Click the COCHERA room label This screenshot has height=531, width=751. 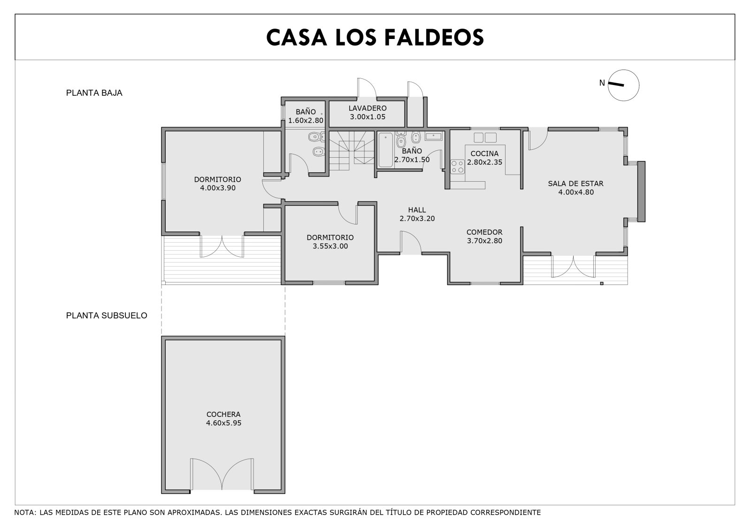[223, 414]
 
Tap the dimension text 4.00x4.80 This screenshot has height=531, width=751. [575, 192]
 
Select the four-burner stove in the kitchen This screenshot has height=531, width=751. [457, 167]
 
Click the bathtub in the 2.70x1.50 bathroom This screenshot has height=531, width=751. [385, 150]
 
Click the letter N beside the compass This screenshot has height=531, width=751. [602, 83]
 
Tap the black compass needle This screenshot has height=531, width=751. [616, 84]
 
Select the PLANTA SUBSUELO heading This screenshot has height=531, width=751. [107, 316]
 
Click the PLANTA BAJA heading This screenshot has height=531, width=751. [94, 93]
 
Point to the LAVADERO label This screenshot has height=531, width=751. [368, 108]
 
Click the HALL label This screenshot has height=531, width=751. [417, 210]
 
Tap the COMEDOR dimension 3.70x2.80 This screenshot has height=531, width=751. [484, 240]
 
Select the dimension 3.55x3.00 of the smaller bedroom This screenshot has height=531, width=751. [330, 246]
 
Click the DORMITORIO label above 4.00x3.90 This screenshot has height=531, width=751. [218, 179]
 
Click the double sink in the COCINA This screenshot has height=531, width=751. [485, 138]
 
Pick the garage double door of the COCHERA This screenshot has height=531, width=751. [222, 474]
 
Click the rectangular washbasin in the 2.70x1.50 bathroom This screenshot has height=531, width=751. [434, 136]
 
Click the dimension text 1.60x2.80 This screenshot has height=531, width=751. [306, 120]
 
